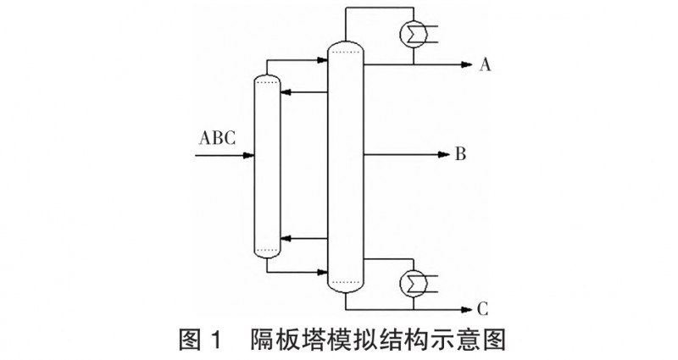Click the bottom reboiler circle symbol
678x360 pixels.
point(413,280)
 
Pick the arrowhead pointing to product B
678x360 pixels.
point(442,155)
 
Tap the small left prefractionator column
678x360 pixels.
point(267,165)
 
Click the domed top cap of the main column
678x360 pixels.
point(345,45)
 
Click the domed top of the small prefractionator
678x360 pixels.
point(267,78)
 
